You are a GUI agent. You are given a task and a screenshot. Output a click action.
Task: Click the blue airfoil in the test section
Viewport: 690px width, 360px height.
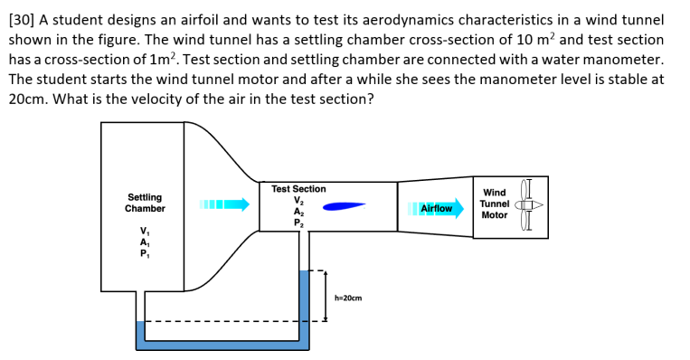pos(344,206)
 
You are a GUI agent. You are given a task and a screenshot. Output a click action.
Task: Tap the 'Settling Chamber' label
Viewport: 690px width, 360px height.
pos(145,203)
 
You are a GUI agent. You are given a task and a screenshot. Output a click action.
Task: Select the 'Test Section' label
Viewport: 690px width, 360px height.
pos(298,189)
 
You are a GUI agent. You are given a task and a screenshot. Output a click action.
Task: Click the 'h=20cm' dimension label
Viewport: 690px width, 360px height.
pos(348,297)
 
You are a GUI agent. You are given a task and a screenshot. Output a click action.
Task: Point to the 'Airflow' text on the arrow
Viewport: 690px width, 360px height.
pos(436,209)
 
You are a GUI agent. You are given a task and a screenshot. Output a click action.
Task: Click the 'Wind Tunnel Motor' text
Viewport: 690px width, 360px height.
pos(495,204)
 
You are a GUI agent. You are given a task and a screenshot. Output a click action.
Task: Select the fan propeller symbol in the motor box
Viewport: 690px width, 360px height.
pos(529,205)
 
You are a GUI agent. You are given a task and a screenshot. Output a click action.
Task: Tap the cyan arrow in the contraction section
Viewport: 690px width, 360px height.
pos(224,204)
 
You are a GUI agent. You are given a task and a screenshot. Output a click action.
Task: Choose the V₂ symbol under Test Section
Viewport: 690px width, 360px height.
pos(299,200)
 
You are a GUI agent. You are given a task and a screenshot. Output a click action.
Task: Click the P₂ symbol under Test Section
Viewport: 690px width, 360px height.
pos(299,222)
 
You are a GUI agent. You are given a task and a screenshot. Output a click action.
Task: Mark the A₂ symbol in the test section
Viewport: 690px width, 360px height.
pos(299,211)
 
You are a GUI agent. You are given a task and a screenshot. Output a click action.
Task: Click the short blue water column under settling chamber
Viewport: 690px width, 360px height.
pos(140,333)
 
